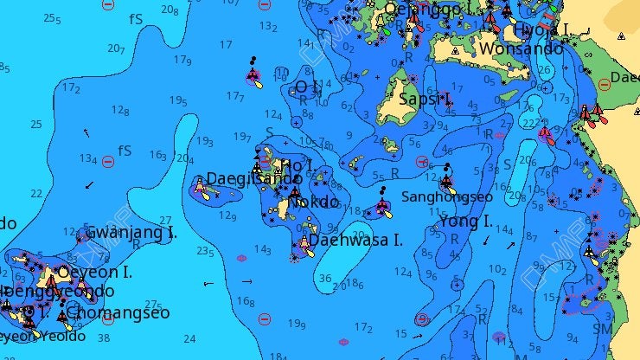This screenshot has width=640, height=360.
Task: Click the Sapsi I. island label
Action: (426, 100)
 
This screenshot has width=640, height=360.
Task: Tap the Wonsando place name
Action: (521, 48)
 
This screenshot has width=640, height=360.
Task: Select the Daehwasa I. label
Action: (355, 241)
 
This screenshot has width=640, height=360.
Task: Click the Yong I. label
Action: (465, 222)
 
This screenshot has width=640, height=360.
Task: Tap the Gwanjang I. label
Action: (131, 232)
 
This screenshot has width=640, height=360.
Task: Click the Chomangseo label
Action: (118, 312)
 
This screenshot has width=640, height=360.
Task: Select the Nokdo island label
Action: (313, 202)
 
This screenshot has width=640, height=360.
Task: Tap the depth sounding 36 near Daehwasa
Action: (325, 279)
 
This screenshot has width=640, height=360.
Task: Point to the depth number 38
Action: (104, 338)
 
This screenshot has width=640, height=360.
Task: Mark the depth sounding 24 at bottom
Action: (189, 339)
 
